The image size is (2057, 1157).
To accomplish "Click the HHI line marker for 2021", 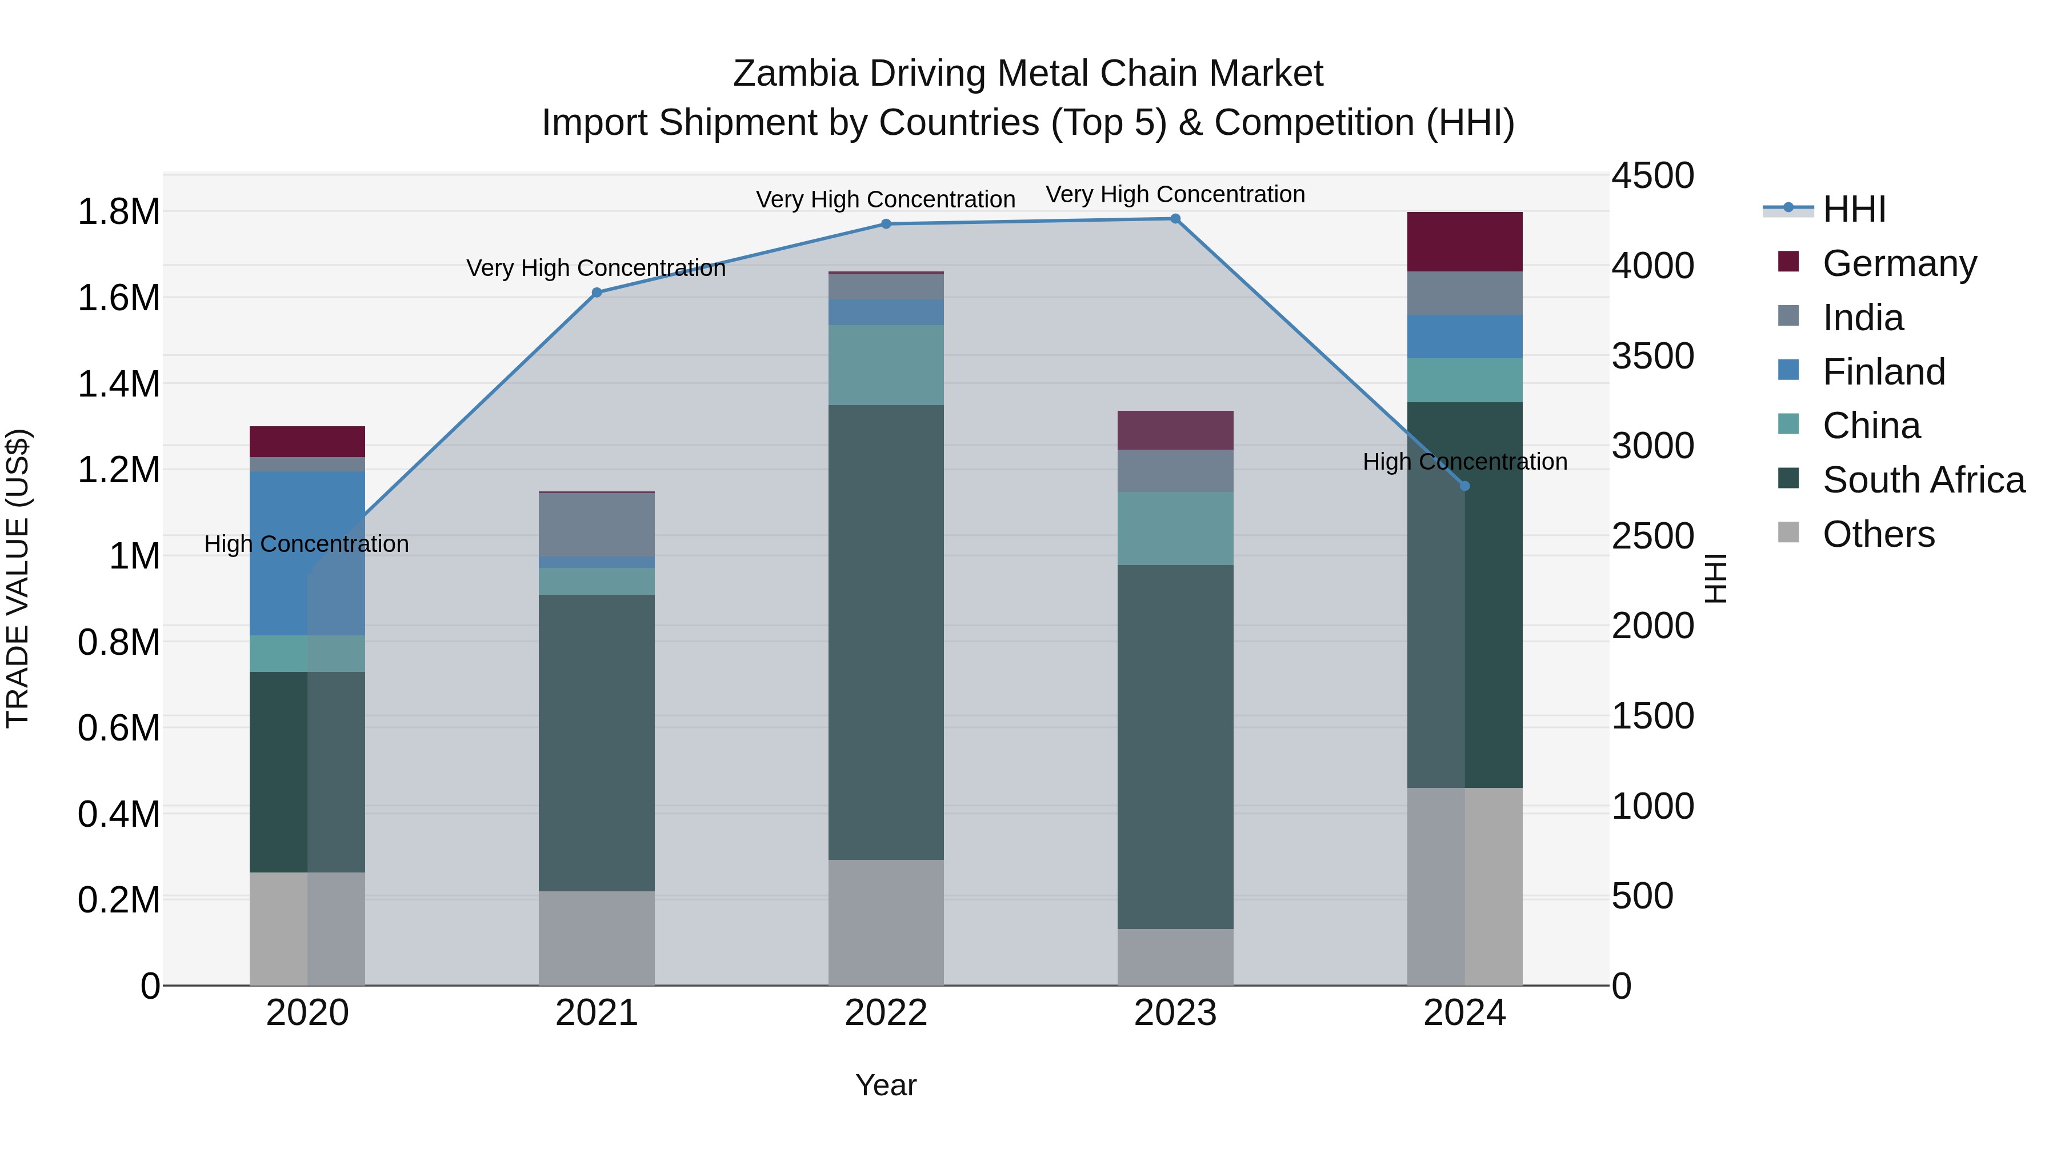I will (x=597, y=292).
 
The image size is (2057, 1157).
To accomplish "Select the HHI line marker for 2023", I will (x=1175, y=219).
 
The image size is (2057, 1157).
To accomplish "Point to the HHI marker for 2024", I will (x=1464, y=486).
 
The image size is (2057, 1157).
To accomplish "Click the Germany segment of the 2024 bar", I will (x=1464, y=241).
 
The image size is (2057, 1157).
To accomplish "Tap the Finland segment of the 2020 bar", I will (x=307, y=553).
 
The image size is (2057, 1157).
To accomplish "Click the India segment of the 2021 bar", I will (x=597, y=524).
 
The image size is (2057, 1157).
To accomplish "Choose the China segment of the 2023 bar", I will (x=1175, y=528).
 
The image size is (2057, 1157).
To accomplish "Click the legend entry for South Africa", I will (x=1923, y=480).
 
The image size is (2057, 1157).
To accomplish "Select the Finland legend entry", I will (x=1883, y=371).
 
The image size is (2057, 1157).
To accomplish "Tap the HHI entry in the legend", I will (x=1854, y=209).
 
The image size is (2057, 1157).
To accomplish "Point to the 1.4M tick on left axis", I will (x=118, y=384).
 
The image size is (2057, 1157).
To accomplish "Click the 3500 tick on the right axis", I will (x=1652, y=356).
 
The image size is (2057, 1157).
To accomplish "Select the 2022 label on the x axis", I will (x=886, y=1013).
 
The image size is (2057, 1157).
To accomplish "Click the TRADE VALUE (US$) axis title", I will (x=18, y=578).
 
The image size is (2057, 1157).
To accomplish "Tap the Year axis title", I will (x=886, y=1085).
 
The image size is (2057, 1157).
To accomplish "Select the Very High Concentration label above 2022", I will (x=886, y=199).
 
